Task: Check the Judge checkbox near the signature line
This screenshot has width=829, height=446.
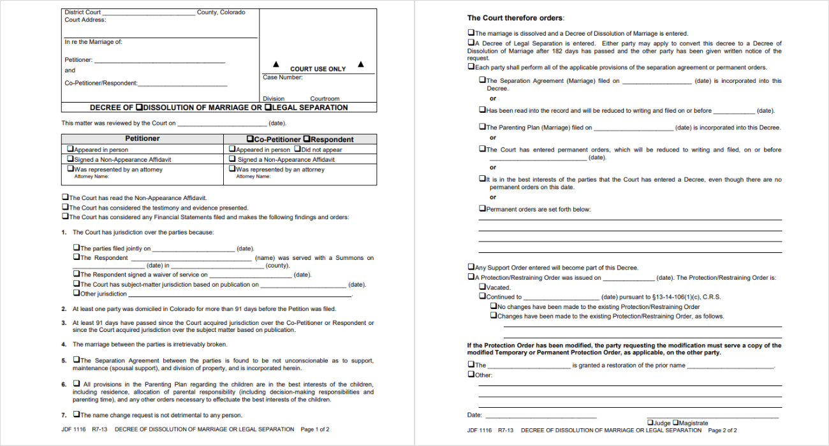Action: (x=650, y=422)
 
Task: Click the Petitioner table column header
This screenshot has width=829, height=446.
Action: (x=142, y=139)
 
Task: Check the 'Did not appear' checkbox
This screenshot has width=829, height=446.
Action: (x=297, y=150)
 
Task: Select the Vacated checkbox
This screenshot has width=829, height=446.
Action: (x=482, y=287)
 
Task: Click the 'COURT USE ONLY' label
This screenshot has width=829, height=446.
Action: (x=318, y=69)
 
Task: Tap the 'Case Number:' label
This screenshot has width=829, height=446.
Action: (x=282, y=78)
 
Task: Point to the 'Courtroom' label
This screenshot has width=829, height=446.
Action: (x=325, y=99)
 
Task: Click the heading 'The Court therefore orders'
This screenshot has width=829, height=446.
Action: (x=515, y=18)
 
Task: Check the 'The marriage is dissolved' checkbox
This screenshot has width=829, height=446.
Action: (x=471, y=33)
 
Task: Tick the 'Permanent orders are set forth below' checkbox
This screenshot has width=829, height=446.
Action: (x=482, y=208)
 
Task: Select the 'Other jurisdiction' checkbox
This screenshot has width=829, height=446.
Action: (x=77, y=294)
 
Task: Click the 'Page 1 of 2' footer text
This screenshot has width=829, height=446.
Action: (x=315, y=429)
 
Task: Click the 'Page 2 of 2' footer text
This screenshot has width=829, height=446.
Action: (x=722, y=430)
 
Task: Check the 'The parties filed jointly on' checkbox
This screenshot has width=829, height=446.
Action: (x=77, y=248)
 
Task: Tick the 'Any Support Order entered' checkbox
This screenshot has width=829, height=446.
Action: (x=471, y=268)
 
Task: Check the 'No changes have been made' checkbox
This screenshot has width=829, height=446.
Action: (x=494, y=306)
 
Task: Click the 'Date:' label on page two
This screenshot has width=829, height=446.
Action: (x=474, y=415)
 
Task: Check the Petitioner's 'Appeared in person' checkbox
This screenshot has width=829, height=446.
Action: (x=70, y=150)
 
